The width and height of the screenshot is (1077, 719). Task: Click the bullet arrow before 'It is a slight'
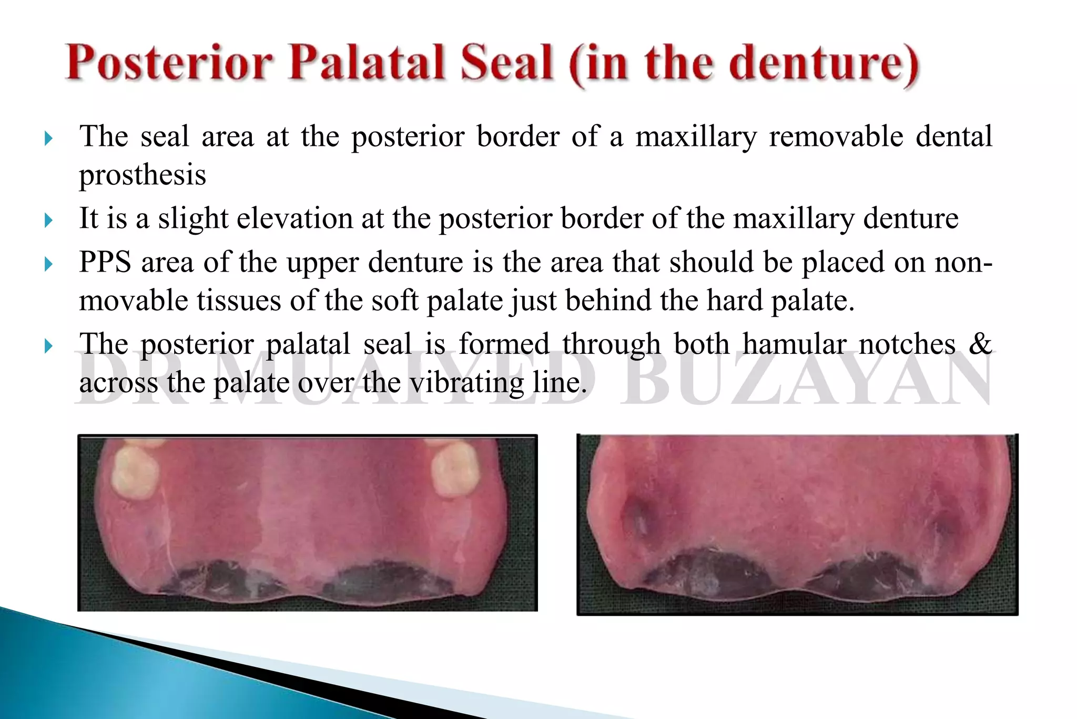coord(49,220)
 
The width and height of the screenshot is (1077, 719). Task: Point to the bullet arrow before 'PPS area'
coord(49,264)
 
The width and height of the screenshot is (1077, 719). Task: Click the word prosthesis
coord(143,175)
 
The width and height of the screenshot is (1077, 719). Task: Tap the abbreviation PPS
coord(105,262)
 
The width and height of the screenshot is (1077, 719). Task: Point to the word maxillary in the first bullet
coord(695,136)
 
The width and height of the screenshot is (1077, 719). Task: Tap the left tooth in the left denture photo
coord(136,472)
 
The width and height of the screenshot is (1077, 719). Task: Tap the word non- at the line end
coord(963,262)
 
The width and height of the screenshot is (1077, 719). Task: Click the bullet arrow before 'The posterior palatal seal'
coord(49,346)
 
